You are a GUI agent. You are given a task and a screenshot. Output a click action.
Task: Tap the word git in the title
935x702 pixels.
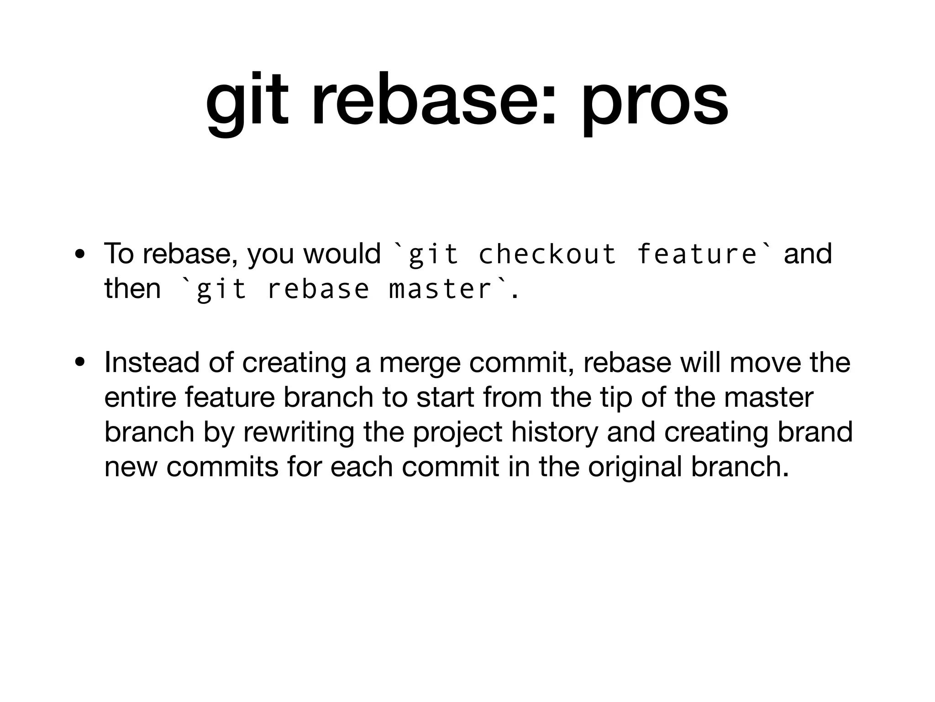(247, 101)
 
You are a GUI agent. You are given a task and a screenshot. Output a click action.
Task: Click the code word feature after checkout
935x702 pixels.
(696, 254)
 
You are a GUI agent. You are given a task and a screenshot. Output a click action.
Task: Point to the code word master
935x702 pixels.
(440, 289)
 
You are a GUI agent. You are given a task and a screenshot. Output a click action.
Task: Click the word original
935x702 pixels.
(635, 467)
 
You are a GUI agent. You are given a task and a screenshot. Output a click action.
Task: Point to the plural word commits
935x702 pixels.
(222, 467)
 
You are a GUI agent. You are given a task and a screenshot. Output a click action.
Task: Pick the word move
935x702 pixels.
(766, 362)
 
